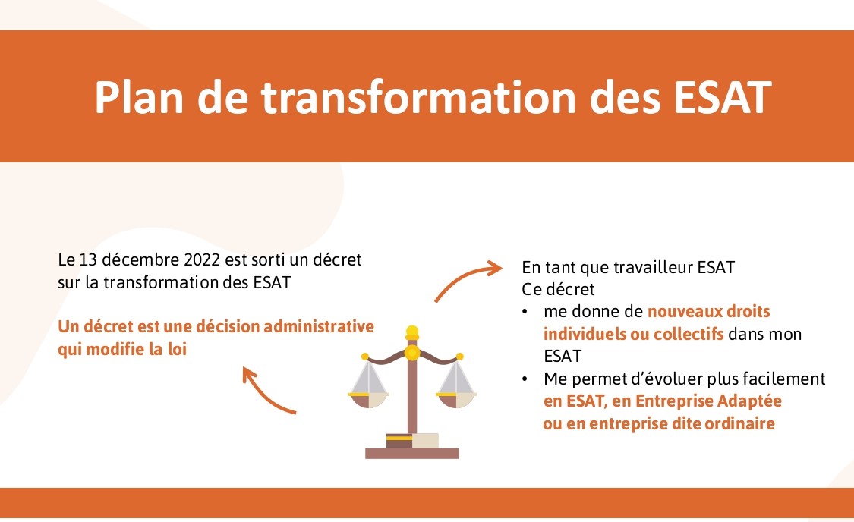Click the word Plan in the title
click(140, 97)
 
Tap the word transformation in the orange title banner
click(418, 97)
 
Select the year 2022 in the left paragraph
click(202, 259)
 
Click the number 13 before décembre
click(88, 259)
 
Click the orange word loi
click(177, 349)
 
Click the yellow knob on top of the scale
click(412, 332)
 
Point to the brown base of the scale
click(412, 453)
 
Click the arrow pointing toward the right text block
click(468, 278)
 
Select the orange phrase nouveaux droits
click(708, 312)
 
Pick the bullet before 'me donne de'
click(525, 312)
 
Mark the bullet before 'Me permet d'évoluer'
click(525, 379)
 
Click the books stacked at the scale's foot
click(412, 440)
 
